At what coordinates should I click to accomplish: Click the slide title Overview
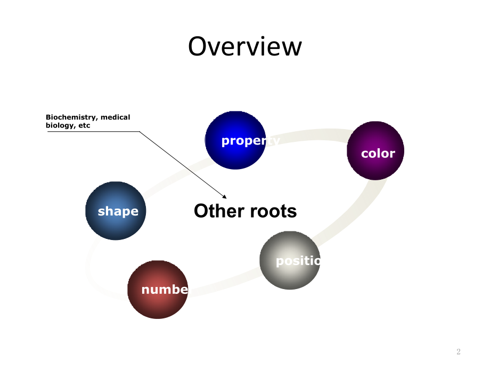(x=244, y=46)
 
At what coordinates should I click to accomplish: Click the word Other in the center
(x=216, y=211)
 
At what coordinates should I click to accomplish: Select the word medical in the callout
(x=116, y=117)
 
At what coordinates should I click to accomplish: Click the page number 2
(x=458, y=351)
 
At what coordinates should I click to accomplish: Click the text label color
(x=378, y=154)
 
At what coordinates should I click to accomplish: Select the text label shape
(x=118, y=211)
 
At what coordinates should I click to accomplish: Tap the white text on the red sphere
(x=165, y=290)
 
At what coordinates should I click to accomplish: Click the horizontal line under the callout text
(x=93, y=131)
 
